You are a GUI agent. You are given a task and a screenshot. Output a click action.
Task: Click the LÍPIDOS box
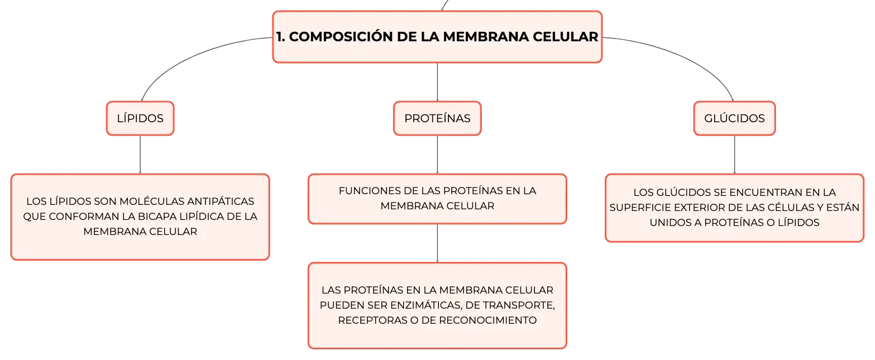tap(140, 118)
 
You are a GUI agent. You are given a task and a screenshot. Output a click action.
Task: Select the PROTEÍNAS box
tap(437, 118)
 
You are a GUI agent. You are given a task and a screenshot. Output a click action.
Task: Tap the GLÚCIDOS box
tap(734, 118)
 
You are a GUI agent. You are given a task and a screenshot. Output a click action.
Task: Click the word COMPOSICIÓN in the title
tap(341, 37)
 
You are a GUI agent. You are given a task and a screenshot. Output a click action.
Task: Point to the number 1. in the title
tap(280, 37)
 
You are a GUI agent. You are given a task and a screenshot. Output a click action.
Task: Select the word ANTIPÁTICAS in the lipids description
tap(221, 201)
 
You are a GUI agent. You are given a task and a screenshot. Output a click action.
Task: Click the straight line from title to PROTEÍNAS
tap(437, 82)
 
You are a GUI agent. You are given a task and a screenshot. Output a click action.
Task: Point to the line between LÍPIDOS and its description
tap(140, 155)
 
